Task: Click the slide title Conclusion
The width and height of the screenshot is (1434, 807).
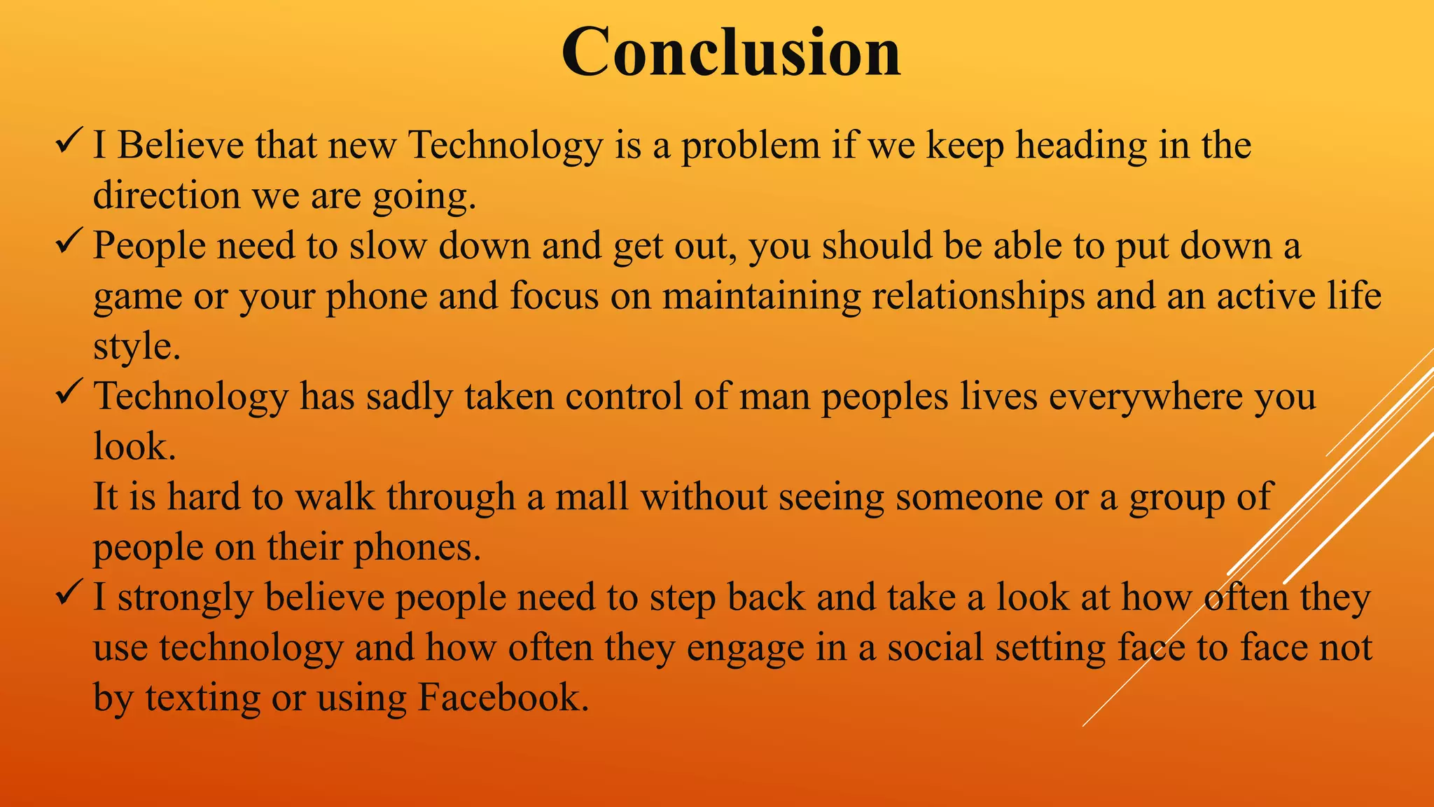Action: [x=730, y=53]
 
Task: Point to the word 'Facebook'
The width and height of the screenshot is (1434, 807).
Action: [x=503, y=697]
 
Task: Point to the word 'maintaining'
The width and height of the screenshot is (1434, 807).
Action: [x=761, y=296]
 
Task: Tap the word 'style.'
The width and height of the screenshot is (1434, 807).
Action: [x=137, y=346]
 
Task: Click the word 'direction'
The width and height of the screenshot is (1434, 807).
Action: [x=167, y=195]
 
